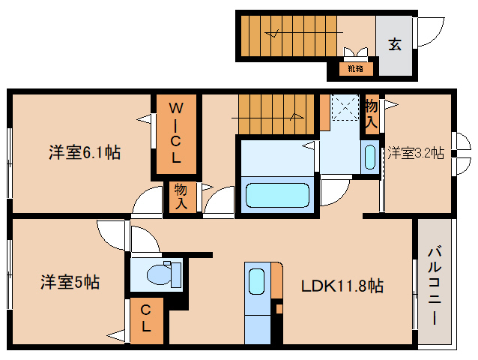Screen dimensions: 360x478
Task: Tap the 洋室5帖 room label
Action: [70, 283]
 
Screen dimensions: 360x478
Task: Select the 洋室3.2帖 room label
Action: [416, 153]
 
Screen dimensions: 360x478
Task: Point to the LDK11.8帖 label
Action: [342, 286]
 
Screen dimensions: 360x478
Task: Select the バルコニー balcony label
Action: [435, 284]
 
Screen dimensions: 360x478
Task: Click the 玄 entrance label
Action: [394, 44]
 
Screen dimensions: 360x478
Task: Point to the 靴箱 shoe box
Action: [355, 70]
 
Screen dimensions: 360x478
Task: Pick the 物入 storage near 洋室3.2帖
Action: [371, 112]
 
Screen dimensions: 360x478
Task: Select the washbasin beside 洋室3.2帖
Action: [369, 155]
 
